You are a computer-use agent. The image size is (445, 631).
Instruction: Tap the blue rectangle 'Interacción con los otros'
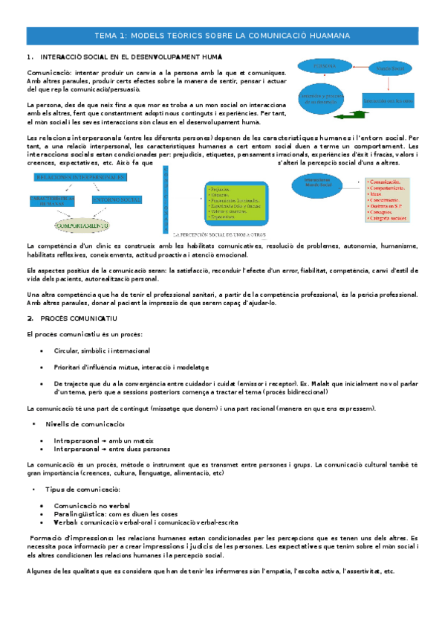388,99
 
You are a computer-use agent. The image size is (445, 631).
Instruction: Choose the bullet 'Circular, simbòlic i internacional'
102,350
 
